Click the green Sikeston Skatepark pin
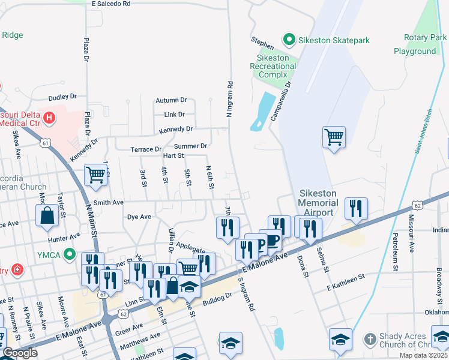pyautogui.click(x=289, y=40)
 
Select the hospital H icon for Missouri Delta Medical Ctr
pyautogui.click(x=49, y=116)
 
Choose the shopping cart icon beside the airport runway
pyautogui.click(x=334, y=136)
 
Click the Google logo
pyautogui.click(x=19, y=353)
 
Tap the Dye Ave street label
pyautogui.click(x=139, y=217)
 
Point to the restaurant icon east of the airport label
pyautogui.click(x=356, y=208)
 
